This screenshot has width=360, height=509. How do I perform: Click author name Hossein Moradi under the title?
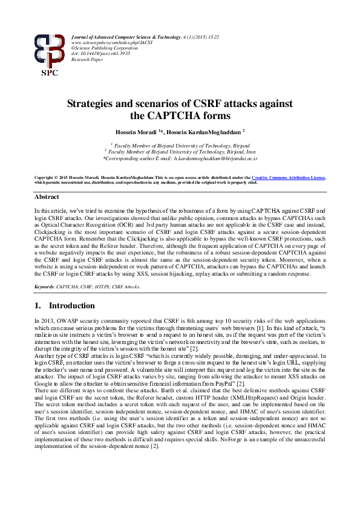[139, 131]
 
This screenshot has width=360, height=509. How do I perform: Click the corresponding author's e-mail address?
[215, 158]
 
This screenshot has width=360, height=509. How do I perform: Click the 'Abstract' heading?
[47, 197]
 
